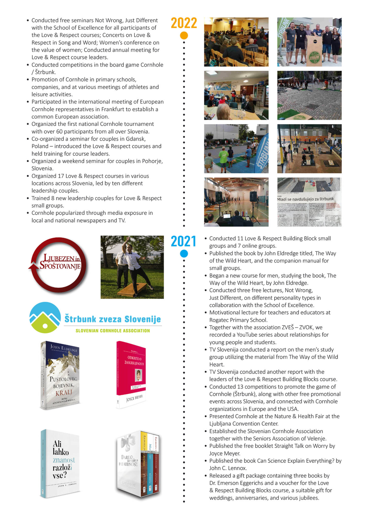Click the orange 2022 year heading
[x=184, y=23]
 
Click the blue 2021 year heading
[x=183, y=241]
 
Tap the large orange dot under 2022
[x=184, y=36]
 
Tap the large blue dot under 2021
[x=184, y=254]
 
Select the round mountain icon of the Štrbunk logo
[x=45, y=317]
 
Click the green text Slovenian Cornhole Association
[x=113, y=331]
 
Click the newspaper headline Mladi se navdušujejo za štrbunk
[x=305, y=199]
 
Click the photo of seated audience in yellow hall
[x=236, y=42]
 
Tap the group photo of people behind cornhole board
[x=309, y=42]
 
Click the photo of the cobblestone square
[x=309, y=95]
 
